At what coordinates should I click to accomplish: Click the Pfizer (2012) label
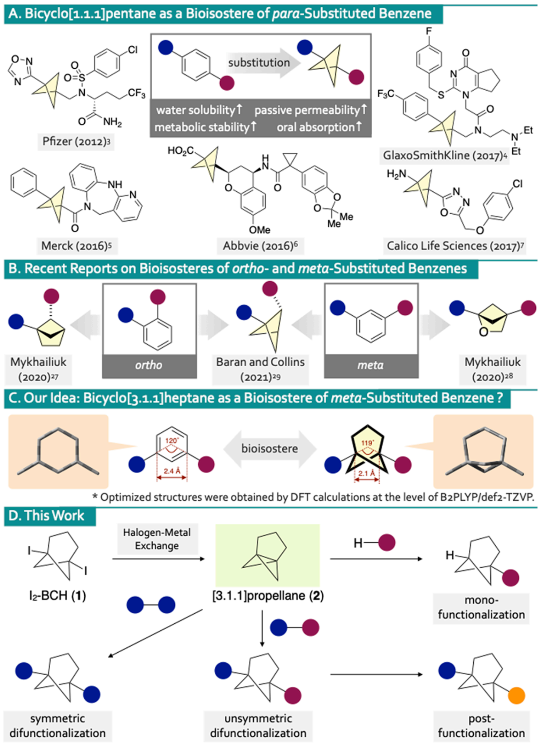(76, 142)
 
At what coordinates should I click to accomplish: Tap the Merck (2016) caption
(77, 246)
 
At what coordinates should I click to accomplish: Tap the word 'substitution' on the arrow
(259, 63)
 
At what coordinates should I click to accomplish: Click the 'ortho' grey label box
(149, 365)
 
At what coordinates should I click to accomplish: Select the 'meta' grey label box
(371, 365)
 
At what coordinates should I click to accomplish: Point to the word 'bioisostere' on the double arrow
(270, 448)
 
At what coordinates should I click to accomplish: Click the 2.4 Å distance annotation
(172, 471)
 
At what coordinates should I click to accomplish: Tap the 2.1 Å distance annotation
(366, 473)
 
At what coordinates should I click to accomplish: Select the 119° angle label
(367, 443)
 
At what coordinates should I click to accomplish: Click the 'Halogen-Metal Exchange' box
(157, 539)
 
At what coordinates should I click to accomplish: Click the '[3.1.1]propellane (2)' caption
(268, 595)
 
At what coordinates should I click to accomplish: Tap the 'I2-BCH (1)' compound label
(57, 595)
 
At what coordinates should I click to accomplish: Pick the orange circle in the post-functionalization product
(516, 695)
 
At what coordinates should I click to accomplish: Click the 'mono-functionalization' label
(481, 607)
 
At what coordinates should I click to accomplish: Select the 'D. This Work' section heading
(46, 516)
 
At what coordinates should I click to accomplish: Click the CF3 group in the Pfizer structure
(136, 93)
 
